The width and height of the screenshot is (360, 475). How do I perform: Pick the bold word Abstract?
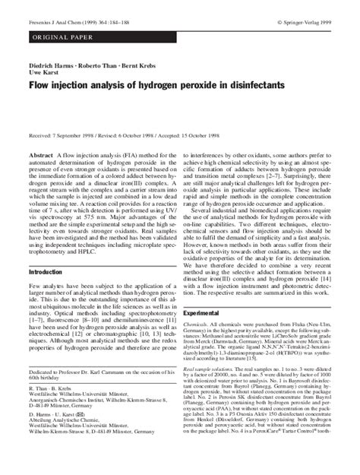click(41, 154)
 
